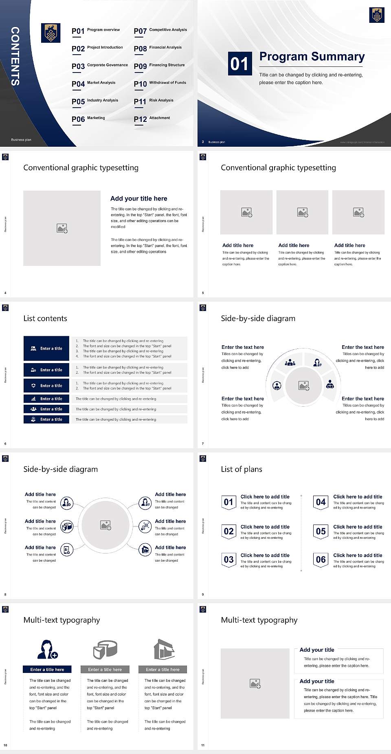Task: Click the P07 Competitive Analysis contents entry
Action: click(160, 31)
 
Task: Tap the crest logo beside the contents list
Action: click(51, 33)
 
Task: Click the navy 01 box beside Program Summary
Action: click(239, 64)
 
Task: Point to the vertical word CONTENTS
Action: click(15, 56)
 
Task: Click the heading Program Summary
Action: click(312, 57)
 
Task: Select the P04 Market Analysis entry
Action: click(94, 84)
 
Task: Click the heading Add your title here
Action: click(138, 198)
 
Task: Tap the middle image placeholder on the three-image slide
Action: click(302, 212)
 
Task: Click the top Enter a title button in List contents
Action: click(46, 348)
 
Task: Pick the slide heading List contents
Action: click(45, 318)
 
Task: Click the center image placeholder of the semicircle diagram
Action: click(303, 386)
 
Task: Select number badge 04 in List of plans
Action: click(321, 502)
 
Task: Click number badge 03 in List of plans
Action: click(229, 560)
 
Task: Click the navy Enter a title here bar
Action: click(47, 670)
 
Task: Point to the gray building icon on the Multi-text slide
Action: click(164, 649)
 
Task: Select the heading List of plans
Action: click(242, 469)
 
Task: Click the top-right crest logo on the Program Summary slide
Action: click(377, 15)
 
